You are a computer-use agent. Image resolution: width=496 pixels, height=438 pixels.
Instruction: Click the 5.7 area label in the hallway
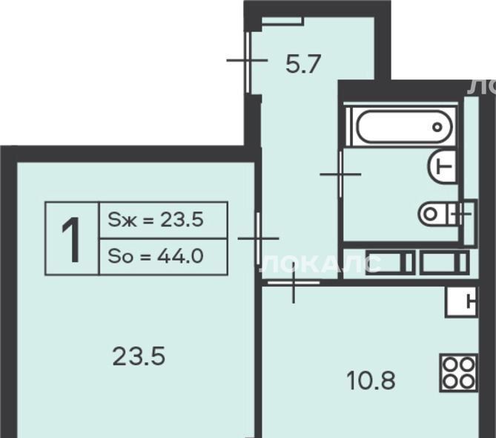[303, 65]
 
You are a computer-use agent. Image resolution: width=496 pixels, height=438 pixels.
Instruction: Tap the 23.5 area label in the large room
[139, 356]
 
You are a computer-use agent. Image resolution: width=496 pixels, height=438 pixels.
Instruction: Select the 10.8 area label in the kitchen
[371, 381]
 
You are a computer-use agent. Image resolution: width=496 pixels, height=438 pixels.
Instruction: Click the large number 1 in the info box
[71, 240]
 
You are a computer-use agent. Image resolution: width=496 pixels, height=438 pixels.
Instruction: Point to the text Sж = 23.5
[155, 220]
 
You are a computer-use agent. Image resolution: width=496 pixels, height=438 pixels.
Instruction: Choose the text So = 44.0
[155, 256]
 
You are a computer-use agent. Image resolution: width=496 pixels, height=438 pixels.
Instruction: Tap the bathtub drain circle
[437, 127]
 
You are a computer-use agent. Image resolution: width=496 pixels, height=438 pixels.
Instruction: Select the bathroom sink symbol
[442, 166]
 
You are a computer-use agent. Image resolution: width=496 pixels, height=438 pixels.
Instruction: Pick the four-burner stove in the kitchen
[458, 373]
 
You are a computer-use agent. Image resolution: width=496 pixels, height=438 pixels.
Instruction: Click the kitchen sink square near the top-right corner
[461, 302]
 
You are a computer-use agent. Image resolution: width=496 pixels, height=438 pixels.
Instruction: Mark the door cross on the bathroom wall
[341, 174]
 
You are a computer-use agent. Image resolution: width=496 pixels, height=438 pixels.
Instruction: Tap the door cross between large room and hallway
[259, 238]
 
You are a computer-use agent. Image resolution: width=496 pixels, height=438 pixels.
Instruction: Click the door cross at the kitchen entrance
[294, 282]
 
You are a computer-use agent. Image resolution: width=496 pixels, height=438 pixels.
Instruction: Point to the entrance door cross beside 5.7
[248, 60]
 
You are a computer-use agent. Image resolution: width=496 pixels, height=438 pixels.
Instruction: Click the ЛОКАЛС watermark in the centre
[320, 264]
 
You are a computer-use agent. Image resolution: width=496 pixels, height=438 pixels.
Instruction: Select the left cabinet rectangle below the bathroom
[390, 262]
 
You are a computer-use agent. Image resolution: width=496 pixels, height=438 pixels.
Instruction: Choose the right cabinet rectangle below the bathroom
[444, 262]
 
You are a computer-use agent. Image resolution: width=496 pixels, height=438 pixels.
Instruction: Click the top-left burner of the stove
[449, 365]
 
